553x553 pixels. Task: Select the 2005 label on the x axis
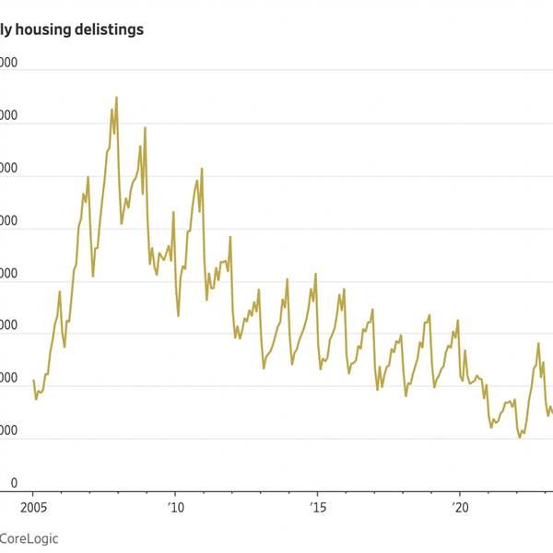click(x=33, y=507)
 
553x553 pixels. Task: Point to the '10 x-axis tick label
click(x=175, y=507)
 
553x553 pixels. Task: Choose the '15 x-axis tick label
click(x=317, y=507)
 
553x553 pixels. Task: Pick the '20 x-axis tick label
click(x=459, y=507)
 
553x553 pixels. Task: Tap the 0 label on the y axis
click(x=13, y=483)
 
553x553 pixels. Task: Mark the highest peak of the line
click(x=116, y=97)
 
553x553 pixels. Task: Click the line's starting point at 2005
click(x=33, y=380)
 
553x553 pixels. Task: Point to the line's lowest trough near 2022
click(x=520, y=437)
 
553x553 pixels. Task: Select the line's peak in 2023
click(x=538, y=343)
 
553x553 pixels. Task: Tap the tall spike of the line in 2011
click(x=202, y=169)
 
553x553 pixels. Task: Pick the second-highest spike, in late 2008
click(x=145, y=127)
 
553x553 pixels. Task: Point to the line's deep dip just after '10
click(x=178, y=316)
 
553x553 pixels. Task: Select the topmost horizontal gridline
click(x=276, y=70)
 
